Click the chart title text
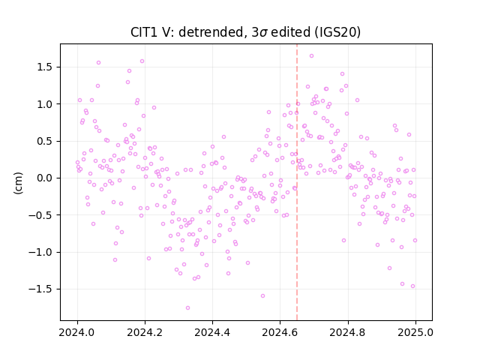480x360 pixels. (245, 32)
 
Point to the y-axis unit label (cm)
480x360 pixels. (18, 183)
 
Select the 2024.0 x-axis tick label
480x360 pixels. (77, 332)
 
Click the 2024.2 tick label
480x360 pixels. (145, 332)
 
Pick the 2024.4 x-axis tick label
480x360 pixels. (212, 332)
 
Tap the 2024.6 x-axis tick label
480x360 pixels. (280, 332)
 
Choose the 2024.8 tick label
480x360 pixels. (347, 332)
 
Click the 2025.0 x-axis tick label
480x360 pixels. (415, 332)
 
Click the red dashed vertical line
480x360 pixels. (297, 182)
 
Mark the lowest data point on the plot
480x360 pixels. (187, 307)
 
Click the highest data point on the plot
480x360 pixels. (311, 55)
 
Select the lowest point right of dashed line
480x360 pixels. (412, 286)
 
